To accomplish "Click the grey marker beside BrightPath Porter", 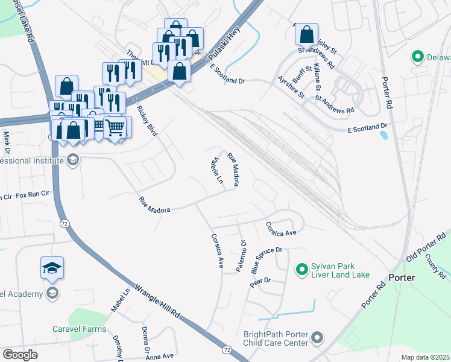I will coord(319,337).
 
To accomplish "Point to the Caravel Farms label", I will coord(79,329).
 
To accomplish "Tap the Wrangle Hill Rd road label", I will coord(158,302).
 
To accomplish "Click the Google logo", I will coord(20,354).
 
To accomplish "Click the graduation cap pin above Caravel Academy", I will coord(52,268).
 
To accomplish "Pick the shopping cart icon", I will coord(115,128).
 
